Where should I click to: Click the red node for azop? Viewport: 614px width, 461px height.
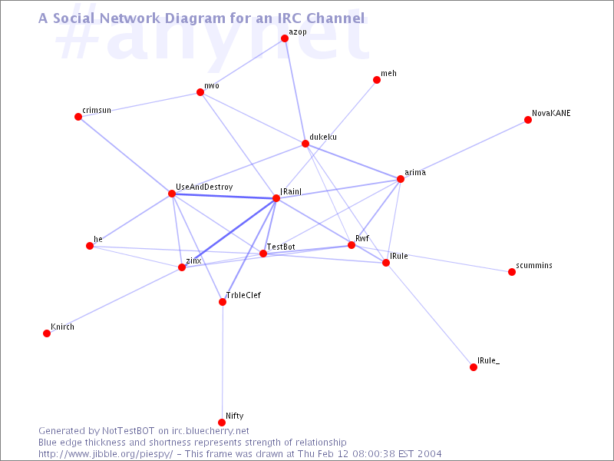click(x=285, y=38)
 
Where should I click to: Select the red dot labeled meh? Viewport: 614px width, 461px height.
click(x=377, y=80)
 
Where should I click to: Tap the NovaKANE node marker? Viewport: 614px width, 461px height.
click(x=528, y=120)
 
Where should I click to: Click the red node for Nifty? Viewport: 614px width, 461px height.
click(x=222, y=422)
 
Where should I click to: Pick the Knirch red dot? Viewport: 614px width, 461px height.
click(x=47, y=333)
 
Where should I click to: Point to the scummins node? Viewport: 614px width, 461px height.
click(x=512, y=272)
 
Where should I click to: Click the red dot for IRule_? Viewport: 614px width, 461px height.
click(x=474, y=367)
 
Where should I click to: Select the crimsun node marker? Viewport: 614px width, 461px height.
click(x=78, y=117)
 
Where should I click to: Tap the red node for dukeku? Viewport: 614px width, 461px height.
click(x=305, y=144)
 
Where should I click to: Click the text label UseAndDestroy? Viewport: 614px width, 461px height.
click(x=204, y=187)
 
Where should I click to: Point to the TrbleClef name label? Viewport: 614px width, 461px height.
click(x=243, y=295)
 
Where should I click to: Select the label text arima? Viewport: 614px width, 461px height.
click(x=415, y=172)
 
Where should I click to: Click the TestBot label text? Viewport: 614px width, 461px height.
click(x=281, y=247)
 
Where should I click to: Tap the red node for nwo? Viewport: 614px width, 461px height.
click(x=200, y=92)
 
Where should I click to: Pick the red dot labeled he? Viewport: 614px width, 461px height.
click(x=90, y=246)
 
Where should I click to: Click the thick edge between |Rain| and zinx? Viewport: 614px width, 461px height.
click(x=229, y=233)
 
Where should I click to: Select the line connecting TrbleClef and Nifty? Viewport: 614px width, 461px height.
click(x=222, y=362)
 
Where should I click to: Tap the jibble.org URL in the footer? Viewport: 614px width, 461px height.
click(x=106, y=454)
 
